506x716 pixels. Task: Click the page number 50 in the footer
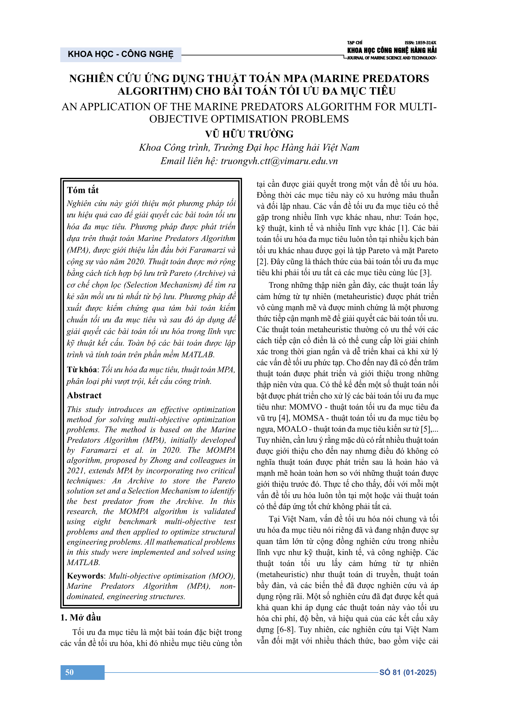[69, 672]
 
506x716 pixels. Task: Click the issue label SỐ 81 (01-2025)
[407, 672]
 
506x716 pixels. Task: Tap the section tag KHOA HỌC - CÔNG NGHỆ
[121, 54]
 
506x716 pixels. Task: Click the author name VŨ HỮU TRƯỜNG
[249, 134]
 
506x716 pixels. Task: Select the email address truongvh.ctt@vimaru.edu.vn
[279, 161]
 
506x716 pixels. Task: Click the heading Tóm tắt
[83, 190]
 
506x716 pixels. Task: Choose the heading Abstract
[84, 395]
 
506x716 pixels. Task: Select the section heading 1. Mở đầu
[80, 617]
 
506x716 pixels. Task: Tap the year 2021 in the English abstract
[76, 470]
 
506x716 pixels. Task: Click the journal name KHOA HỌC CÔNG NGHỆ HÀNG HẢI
[392, 51]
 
